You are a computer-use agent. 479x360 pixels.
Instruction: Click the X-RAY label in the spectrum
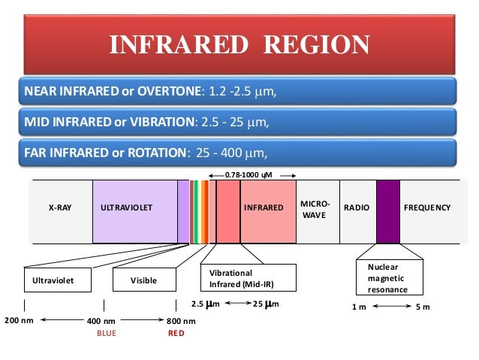[x=60, y=207]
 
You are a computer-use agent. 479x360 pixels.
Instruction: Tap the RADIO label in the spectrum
[x=356, y=207]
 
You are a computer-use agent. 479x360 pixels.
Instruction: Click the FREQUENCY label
[x=427, y=207]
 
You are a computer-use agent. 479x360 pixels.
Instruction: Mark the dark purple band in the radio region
[x=388, y=211]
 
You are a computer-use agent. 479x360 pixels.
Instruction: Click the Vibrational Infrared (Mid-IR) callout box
[x=247, y=278]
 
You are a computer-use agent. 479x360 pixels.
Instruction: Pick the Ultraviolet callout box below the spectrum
[x=55, y=280]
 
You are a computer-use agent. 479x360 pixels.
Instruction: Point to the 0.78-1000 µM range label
[x=248, y=174]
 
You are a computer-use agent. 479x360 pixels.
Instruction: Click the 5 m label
[x=423, y=307]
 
